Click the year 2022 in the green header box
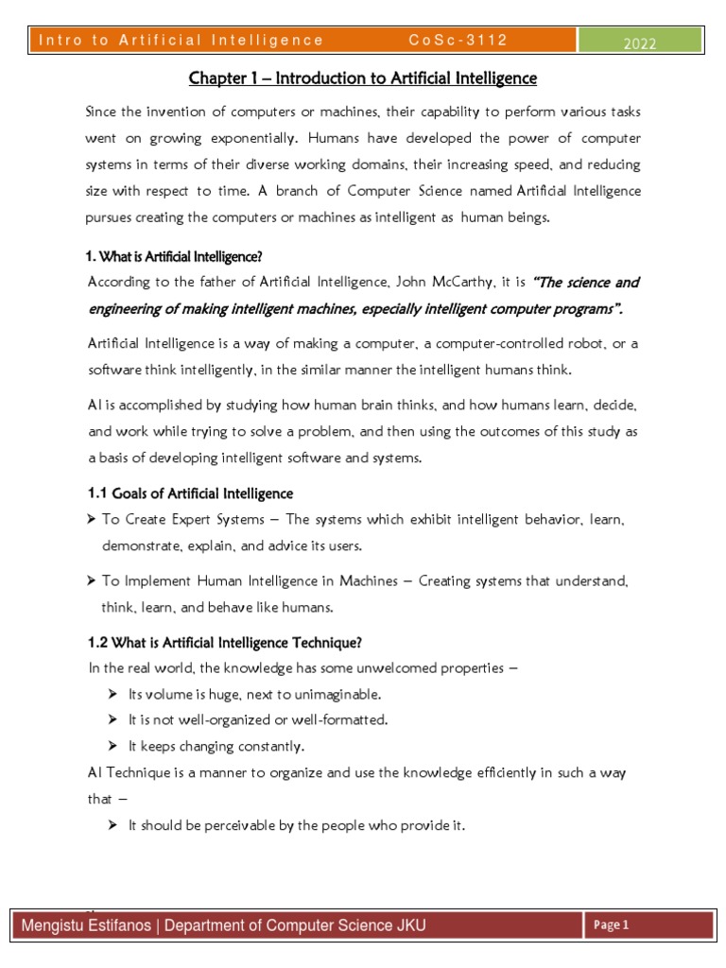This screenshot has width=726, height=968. [x=639, y=43]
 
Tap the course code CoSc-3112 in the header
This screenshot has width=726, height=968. [x=458, y=40]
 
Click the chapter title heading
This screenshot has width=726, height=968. [x=362, y=78]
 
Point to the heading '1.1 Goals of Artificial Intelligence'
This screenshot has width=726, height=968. [x=190, y=493]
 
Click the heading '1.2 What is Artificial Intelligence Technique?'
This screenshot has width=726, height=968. [x=225, y=644]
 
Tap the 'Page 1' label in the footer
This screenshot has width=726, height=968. [x=612, y=925]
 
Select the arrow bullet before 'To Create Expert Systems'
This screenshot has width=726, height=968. [x=93, y=520]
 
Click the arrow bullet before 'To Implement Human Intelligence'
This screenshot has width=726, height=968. [x=93, y=581]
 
